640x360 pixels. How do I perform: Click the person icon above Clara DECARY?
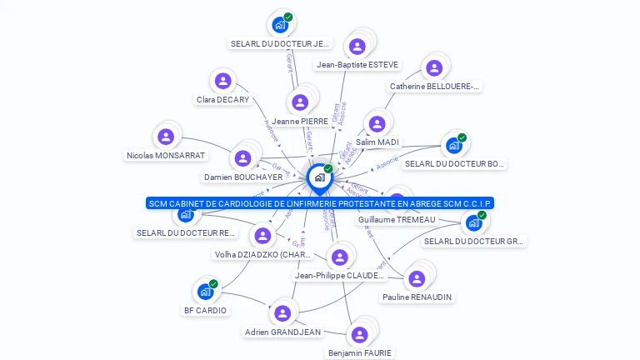click(222, 81)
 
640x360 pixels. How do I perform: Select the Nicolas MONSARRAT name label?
click(166, 155)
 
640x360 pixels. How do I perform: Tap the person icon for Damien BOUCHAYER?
click(242, 158)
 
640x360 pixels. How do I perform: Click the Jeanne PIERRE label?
click(299, 122)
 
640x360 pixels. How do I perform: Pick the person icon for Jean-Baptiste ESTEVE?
click(357, 47)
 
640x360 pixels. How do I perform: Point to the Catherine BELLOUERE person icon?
click(433, 68)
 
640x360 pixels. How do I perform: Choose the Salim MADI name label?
click(377, 142)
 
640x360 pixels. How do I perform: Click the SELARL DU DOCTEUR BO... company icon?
click(454, 146)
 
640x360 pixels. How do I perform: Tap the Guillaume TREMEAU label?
click(397, 219)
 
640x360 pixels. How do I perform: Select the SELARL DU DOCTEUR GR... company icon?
click(474, 222)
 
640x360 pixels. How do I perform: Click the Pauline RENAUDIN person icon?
click(416, 278)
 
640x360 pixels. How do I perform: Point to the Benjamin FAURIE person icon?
click(359, 334)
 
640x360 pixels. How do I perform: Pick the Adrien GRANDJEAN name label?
click(282, 332)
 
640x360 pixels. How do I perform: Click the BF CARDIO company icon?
click(205, 292)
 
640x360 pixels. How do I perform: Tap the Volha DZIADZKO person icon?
click(262, 236)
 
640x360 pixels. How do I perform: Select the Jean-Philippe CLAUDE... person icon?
click(339, 257)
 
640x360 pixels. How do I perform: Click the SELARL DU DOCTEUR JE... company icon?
click(280, 25)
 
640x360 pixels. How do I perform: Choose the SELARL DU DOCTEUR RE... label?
click(186, 233)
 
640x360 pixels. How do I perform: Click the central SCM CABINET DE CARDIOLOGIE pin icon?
click(319, 177)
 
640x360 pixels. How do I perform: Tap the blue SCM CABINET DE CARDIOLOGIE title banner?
click(320, 203)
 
